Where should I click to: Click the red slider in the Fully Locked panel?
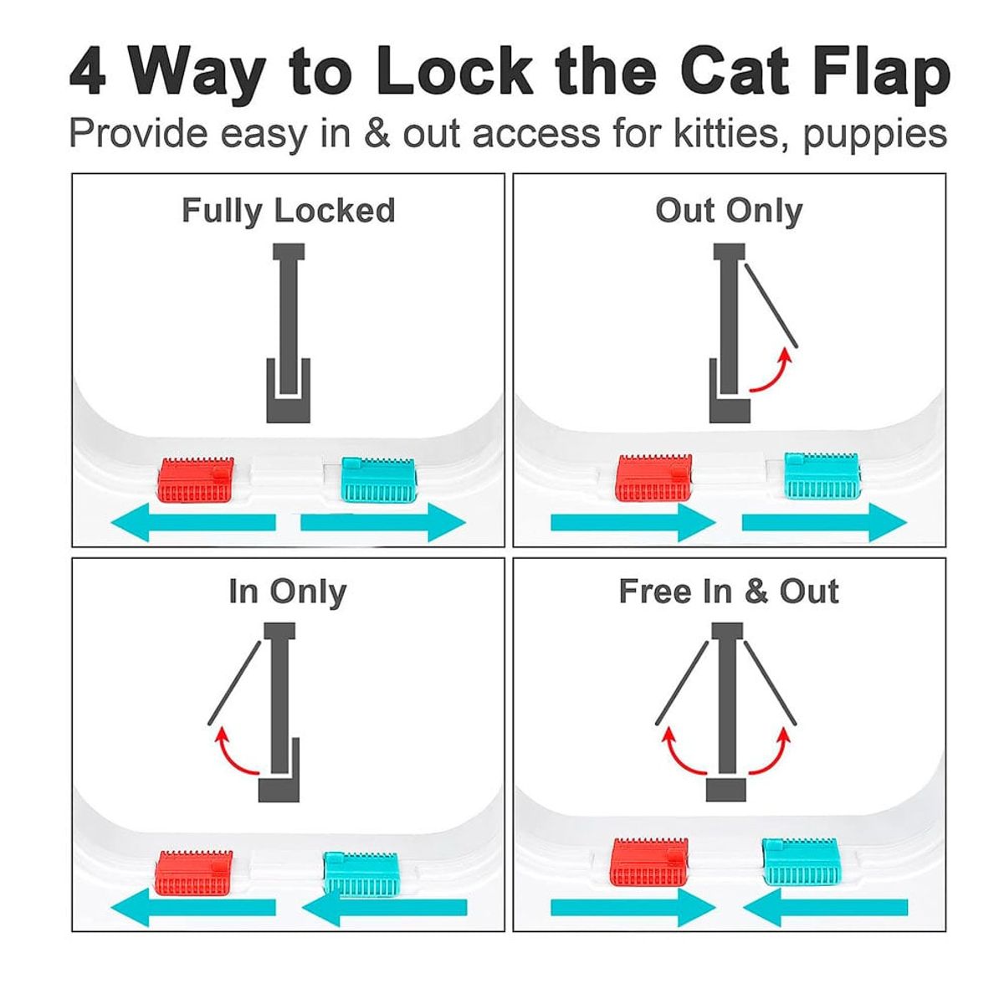[x=196, y=480]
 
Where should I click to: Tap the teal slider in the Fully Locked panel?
[x=377, y=480]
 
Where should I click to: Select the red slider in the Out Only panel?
[x=654, y=478]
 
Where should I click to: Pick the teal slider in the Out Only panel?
[x=822, y=476]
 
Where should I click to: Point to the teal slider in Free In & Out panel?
[x=800, y=862]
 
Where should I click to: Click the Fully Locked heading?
[x=288, y=211]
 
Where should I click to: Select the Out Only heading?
[x=729, y=211]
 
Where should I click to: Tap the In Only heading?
[x=288, y=592]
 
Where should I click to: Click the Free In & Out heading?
[x=729, y=592]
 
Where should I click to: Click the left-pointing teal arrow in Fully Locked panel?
[x=193, y=522]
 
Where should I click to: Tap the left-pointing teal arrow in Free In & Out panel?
[x=825, y=907]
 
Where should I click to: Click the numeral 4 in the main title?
[x=88, y=71]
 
